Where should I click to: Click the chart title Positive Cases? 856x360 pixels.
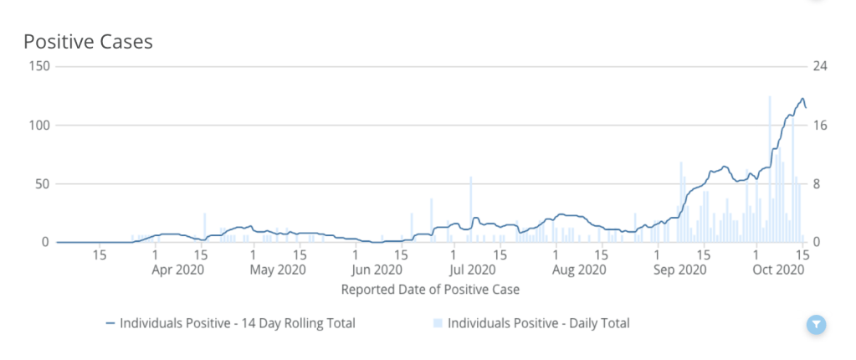88,41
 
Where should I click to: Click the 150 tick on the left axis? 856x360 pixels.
39,66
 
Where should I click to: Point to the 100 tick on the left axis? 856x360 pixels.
39,125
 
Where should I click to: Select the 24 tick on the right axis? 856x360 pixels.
819,66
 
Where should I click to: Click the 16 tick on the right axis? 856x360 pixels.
819,125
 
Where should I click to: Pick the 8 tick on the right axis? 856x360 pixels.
816,183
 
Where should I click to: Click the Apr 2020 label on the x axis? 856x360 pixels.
178,270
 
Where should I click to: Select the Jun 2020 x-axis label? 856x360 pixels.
376,270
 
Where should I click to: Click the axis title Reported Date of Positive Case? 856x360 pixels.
430,290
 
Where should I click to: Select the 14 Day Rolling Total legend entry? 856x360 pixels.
230,323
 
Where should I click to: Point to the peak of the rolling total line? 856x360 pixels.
802,98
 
